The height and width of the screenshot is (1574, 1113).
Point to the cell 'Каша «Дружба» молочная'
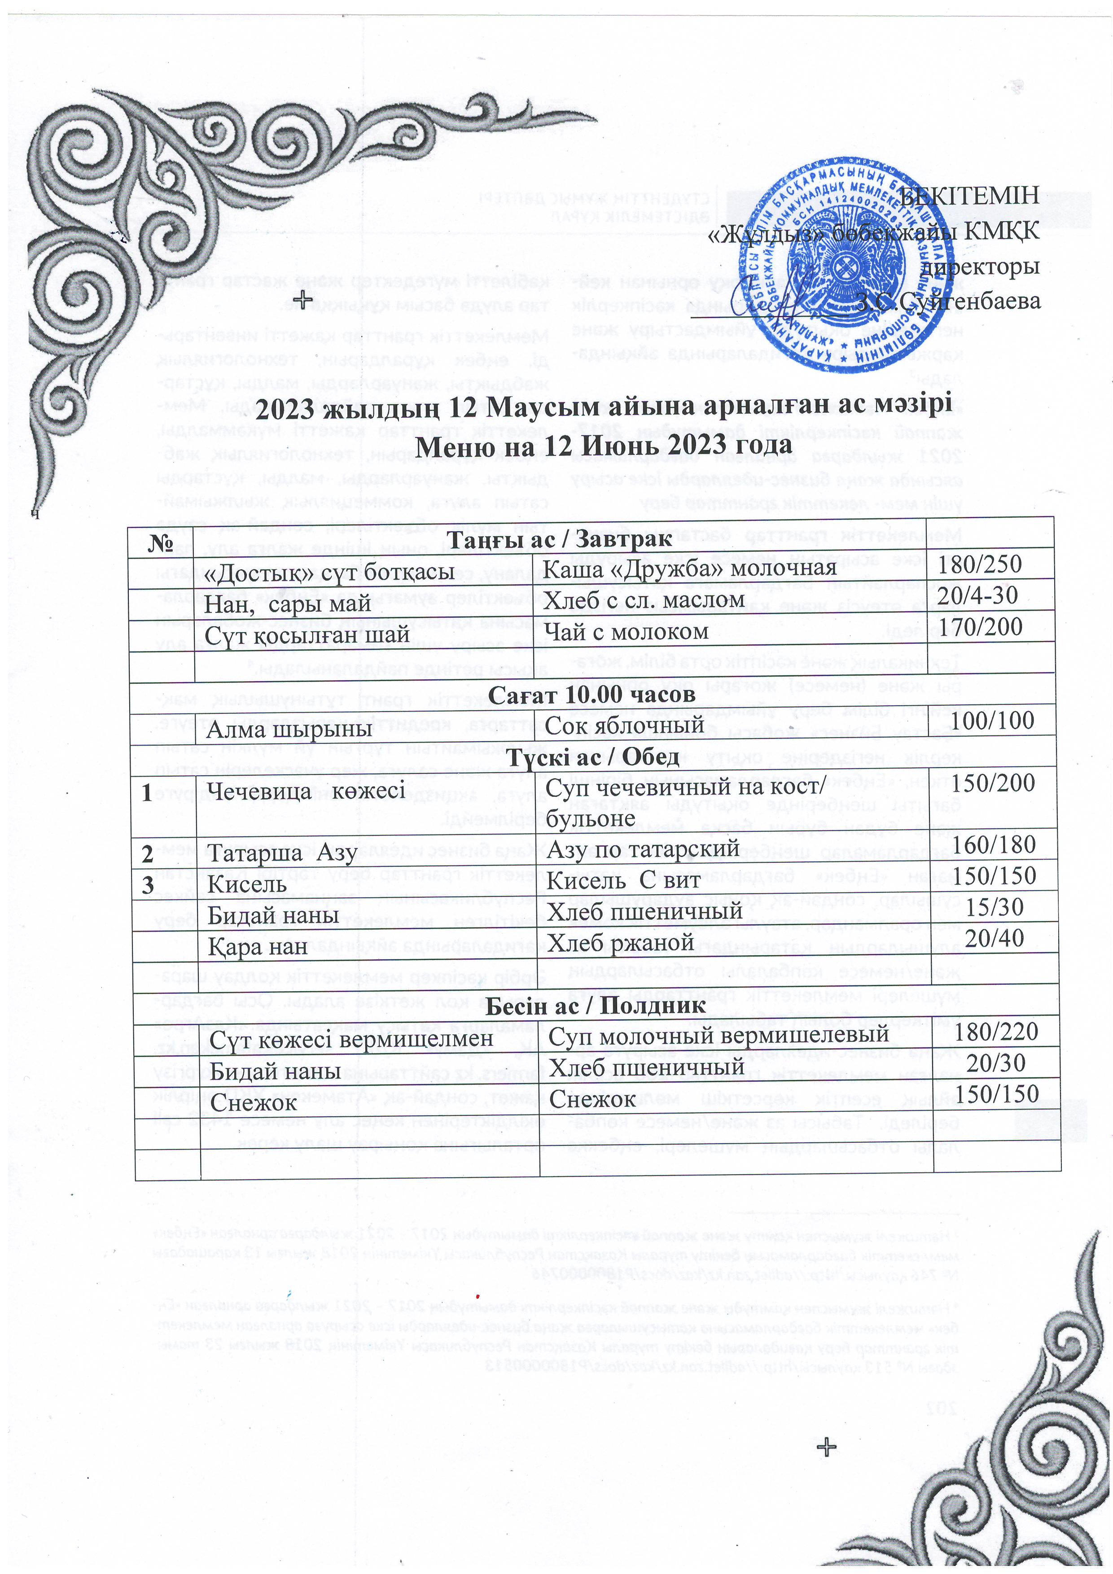[689, 568]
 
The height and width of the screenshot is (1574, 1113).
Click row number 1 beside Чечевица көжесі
[147, 792]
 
